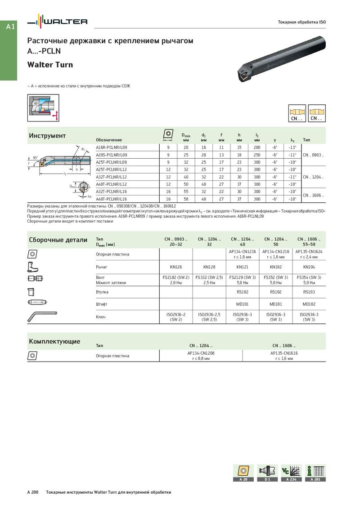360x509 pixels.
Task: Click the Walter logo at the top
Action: [x=57, y=22]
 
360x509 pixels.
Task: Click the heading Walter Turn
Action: [x=50, y=65]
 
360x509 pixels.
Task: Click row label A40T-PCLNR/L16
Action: [x=112, y=199]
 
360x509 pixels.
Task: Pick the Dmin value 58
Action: [x=186, y=199]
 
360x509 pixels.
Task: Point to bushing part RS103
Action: [x=309, y=292]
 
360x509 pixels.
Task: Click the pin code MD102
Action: [x=309, y=304]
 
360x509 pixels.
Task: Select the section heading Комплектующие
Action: [x=54, y=341]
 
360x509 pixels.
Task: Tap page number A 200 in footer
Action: [x=33, y=492]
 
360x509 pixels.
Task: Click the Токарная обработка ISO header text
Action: [x=301, y=22]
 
